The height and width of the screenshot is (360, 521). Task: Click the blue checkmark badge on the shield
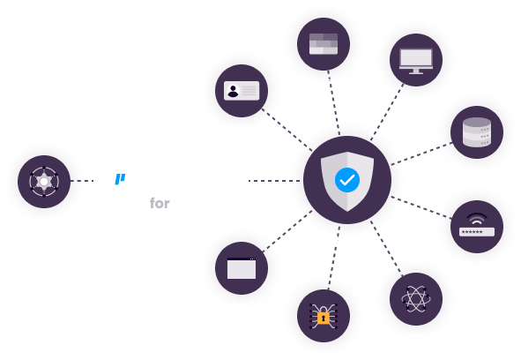[x=347, y=180]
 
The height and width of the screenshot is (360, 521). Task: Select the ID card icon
[x=242, y=91]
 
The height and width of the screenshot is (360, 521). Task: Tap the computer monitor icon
[x=416, y=61]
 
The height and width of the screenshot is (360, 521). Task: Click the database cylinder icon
[x=477, y=131]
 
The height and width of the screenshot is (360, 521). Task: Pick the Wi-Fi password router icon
[x=477, y=225]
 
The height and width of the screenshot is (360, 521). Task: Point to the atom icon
[x=416, y=299]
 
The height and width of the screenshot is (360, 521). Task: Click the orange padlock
[x=324, y=318]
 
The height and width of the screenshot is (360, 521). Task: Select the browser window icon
[x=242, y=268]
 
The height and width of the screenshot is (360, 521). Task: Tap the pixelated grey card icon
[x=324, y=43]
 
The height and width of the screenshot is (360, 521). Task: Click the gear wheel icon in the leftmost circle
[x=44, y=182]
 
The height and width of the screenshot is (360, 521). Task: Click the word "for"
[x=160, y=203]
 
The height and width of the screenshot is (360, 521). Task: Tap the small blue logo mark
[x=120, y=179]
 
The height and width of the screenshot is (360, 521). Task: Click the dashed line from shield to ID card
[x=287, y=130]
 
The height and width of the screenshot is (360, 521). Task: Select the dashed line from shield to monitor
[x=387, y=112]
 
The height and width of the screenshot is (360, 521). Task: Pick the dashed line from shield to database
[x=421, y=154]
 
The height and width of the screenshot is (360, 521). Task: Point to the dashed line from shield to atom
[x=386, y=248]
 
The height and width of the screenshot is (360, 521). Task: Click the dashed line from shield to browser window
[x=287, y=231]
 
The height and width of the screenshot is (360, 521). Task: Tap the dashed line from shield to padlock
[x=334, y=258]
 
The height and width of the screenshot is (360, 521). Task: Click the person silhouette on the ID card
[x=233, y=91]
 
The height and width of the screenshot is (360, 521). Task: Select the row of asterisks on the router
[x=473, y=232]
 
